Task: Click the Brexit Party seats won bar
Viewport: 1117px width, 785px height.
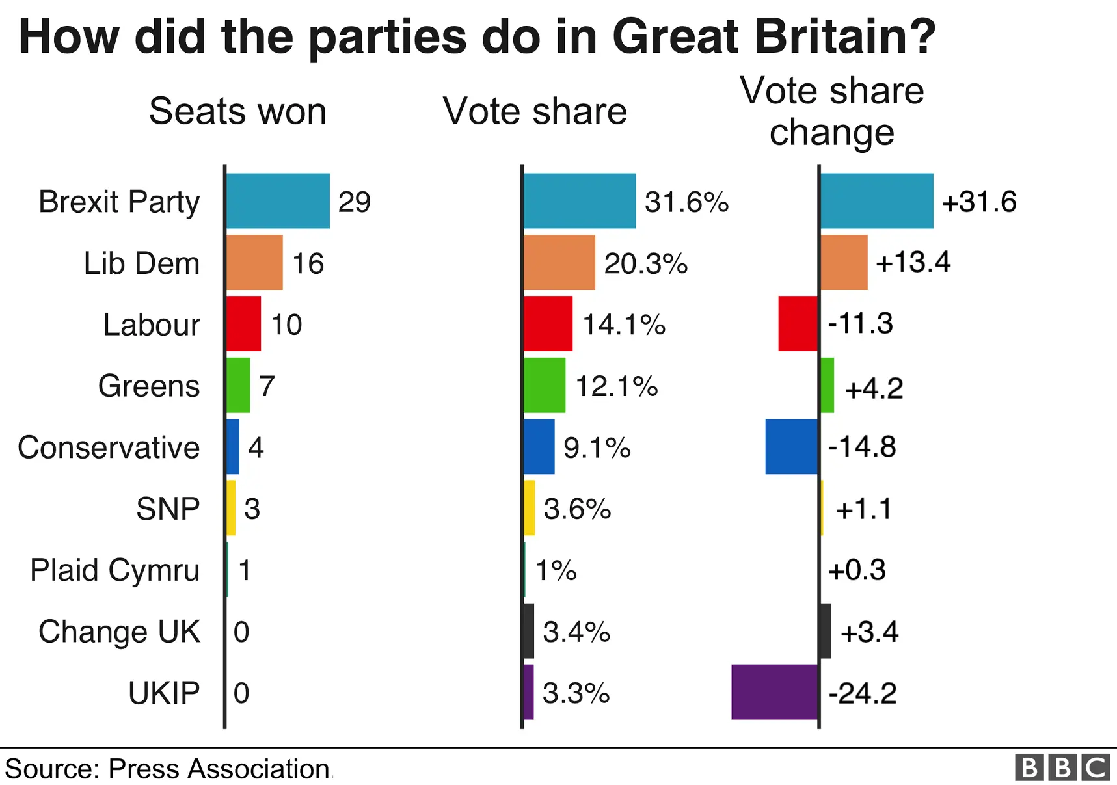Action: [x=278, y=201]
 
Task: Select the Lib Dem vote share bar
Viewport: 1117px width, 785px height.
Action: [x=559, y=263]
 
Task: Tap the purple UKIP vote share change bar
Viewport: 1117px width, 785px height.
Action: [x=774, y=692]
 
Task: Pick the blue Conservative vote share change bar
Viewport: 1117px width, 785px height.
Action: [x=791, y=447]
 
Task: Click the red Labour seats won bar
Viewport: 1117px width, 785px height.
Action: [x=244, y=324]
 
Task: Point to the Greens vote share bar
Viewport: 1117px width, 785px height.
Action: [x=545, y=385]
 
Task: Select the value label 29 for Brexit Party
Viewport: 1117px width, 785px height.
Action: [x=355, y=202]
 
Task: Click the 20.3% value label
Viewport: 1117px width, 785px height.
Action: [x=645, y=263]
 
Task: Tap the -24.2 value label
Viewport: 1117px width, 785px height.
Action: [x=862, y=693]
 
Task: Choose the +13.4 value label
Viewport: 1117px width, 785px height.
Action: [x=913, y=262]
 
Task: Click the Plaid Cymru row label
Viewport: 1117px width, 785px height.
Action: [x=115, y=570]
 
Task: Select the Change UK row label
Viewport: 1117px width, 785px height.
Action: [x=119, y=632]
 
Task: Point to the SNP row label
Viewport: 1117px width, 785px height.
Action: [x=168, y=509]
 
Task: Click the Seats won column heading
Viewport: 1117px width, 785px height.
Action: [x=237, y=111]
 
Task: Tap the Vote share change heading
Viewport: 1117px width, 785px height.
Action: [x=831, y=111]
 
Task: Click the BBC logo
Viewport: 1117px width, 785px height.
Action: [x=1062, y=767]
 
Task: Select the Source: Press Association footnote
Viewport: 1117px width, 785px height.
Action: [x=167, y=769]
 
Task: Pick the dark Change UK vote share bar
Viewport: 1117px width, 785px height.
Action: [x=528, y=631]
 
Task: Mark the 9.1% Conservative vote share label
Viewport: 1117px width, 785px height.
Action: [x=597, y=447]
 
